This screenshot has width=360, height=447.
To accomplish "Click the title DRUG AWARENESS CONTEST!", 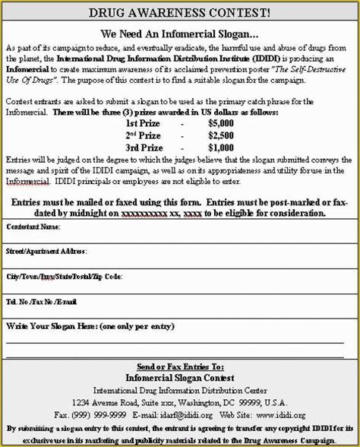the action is pyautogui.click(x=179, y=13).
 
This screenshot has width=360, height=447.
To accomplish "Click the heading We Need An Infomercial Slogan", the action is pyautogui.click(x=179, y=33).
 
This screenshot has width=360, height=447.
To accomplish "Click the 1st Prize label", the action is pyautogui.click(x=142, y=122).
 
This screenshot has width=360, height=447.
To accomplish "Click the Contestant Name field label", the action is pyautogui.click(x=33, y=227).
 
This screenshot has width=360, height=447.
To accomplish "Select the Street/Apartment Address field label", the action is pyautogui.click(x=46, y=250).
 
